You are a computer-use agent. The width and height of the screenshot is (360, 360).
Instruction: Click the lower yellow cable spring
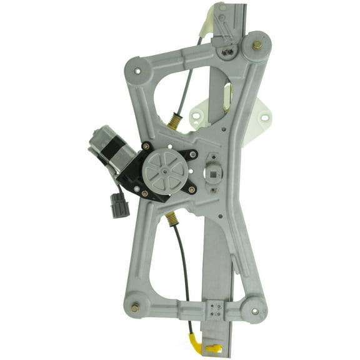coord(171,218)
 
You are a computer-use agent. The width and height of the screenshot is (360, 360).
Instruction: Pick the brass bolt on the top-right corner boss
coord(257,45)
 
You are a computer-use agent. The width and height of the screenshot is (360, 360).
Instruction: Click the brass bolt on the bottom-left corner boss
coord(135,307)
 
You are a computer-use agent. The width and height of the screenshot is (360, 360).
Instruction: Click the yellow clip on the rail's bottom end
coord(213,346)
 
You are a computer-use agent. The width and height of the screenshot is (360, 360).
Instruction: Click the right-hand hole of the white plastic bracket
coord(264,117)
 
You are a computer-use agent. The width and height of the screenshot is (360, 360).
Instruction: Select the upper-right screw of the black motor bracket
coord(192,154)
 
